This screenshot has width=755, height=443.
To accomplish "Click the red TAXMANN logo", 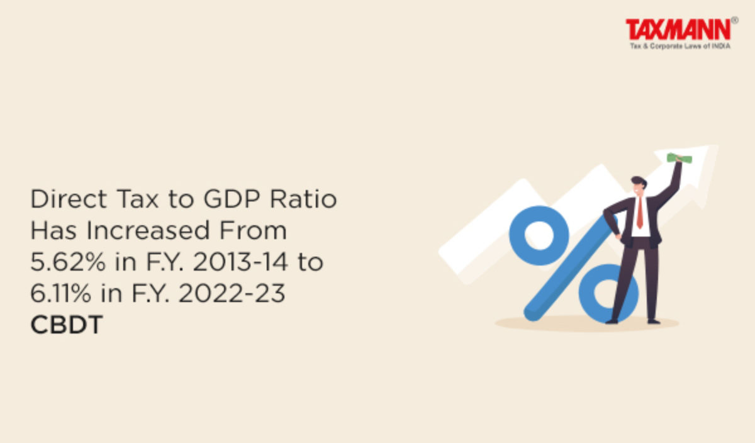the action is tap(678, 30).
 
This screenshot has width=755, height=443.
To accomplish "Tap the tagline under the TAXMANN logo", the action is tap(680, 46).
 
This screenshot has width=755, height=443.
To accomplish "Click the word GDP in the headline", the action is tap(232, 199).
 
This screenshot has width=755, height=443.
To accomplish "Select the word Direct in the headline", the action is tap(69, 199).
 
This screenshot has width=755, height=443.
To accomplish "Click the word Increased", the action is tap(148, 230).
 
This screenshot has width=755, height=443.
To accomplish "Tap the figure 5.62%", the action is tap(68, 262).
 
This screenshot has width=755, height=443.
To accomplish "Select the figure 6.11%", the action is tap(61, 293).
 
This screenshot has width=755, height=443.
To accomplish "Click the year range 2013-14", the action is tap(240, 262).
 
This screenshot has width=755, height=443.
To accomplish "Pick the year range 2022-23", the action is tap(232, 293).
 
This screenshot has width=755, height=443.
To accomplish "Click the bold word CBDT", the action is tap(67, 325).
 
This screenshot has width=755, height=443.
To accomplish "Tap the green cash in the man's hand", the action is tap(679, 158).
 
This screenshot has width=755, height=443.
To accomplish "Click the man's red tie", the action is tap(640, 213).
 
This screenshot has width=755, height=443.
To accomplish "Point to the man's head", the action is tap(639, 186).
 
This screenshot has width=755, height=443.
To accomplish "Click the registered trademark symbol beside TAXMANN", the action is tap(735, 20).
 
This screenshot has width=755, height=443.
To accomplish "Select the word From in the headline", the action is tap(253, 230).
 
